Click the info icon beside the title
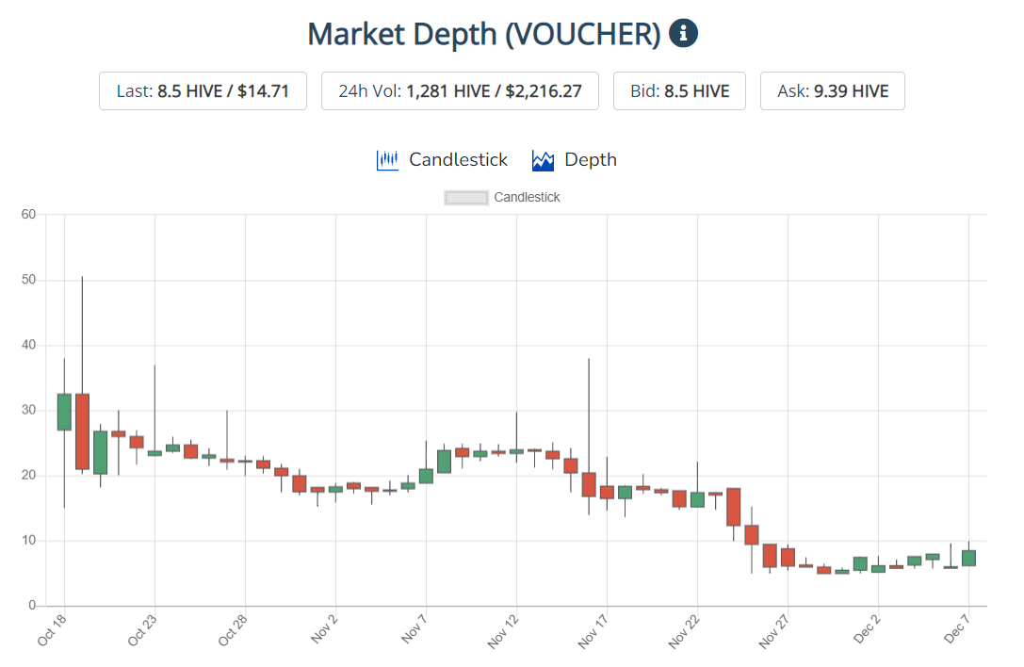(x=683, y=33)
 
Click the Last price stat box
(x=203, y=90)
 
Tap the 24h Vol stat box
(x=460, y=90)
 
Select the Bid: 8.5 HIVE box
(x=679, y=90)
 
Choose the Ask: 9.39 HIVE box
(x=833, y=90)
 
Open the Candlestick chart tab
(x=442, y=160)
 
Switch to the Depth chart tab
(x=575, y=160)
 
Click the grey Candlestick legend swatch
(x=465, y=197)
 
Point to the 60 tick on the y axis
(x=28, y=214)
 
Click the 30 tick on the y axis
(x=28, y=410)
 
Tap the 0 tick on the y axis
(x=32, y=606)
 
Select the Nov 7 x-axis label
(x=414, y=628)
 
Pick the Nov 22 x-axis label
(x=684, y=632)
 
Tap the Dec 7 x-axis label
(x=956, y=628)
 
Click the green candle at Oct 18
(x=64, y=413)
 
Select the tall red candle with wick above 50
(x=82, y=431)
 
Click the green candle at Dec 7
(x=968, y=558)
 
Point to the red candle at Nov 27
(x=788, y=558)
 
